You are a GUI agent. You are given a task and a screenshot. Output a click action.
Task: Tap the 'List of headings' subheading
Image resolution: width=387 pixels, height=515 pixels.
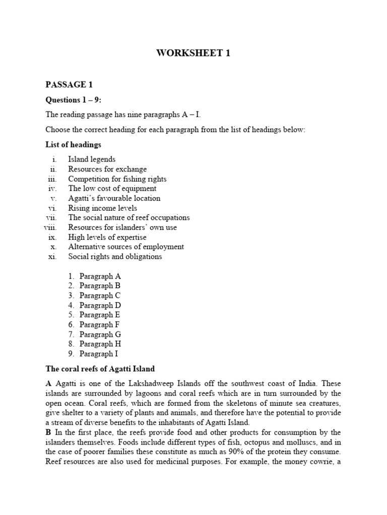73,145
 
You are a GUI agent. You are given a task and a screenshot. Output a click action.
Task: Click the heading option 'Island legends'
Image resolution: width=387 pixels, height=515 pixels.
92,159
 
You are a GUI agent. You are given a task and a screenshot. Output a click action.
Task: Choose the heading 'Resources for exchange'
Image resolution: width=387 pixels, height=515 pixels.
107,169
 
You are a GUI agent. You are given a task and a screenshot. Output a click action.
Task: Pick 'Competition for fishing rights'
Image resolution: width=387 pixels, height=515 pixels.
117,179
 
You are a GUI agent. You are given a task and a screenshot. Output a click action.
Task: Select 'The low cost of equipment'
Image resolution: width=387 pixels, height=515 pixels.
112,189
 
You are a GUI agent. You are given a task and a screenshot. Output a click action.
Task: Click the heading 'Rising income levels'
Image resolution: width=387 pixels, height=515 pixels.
102,208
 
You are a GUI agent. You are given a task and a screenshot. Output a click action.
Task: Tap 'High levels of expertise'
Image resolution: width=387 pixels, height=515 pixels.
107,237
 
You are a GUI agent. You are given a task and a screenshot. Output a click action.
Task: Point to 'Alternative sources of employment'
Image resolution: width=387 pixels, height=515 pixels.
126,246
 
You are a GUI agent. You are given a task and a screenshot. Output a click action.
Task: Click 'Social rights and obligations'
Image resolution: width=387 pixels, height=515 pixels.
115,256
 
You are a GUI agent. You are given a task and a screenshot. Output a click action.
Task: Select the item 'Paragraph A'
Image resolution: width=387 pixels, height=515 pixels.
100,276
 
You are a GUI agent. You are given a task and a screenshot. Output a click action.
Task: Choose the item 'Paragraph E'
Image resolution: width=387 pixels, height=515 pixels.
100,315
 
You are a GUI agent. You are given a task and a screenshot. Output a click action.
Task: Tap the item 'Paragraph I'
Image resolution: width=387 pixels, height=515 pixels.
99,354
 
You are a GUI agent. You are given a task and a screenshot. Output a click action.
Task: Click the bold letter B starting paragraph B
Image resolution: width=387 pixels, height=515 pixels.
48,432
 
